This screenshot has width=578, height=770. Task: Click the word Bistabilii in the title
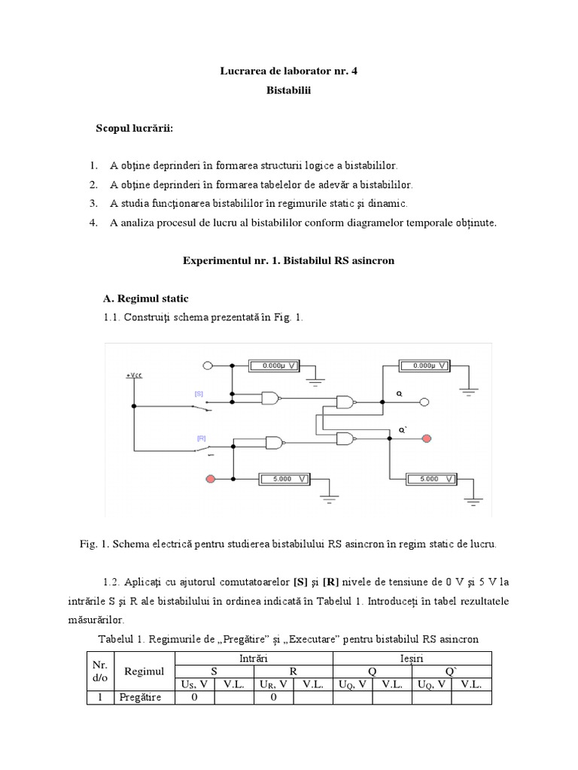point(288,90)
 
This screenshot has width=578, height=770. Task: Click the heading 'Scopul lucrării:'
point(134,129)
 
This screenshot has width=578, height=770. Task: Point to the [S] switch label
point(199,393)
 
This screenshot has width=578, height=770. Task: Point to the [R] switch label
point(202,438)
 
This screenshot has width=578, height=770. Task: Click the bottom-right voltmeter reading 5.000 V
point(429,478)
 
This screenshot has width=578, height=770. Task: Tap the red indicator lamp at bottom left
point(210,478)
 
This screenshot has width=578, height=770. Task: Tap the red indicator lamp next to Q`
point(427,438)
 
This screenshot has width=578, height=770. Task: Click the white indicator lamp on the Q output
point(424,402)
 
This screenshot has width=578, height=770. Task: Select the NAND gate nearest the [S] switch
point(269,398)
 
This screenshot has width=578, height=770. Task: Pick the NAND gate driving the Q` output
point(347,438)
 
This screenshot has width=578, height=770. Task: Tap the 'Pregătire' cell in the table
point(140,698)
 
